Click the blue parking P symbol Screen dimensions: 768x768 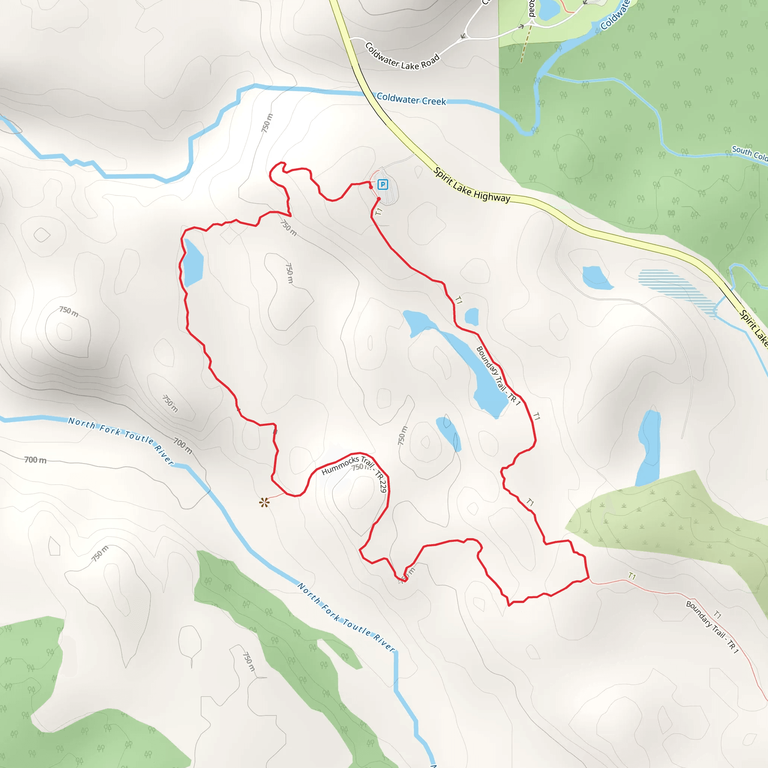pos(382,184)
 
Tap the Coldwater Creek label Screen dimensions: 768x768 pos(411,99)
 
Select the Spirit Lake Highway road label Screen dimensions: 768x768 pos(471,185)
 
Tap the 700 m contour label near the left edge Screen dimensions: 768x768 pos(35,460)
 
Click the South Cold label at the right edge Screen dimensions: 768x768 pos(749,153)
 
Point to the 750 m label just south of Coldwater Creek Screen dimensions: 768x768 pos(267,123)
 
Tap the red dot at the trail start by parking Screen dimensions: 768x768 pos(379,198)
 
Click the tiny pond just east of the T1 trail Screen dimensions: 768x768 pos(471,317)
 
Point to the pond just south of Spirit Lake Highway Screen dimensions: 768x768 pos(596,277)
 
